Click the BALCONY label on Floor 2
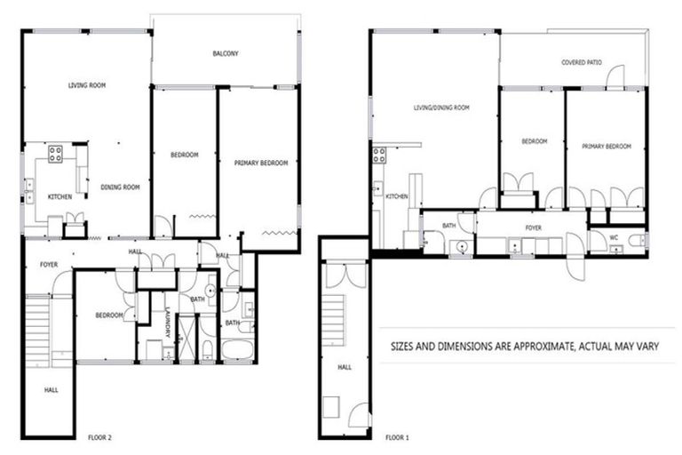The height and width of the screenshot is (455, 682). [x=225, y=54]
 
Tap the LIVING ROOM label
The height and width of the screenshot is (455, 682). [x=87, y=86]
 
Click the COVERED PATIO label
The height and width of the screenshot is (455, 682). [x=582, y=63]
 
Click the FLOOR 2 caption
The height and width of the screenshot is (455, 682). [x=99, y=437]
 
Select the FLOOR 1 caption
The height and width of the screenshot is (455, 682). [x=396, y=437]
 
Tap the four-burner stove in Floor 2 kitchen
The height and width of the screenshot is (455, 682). [x=54, y=153]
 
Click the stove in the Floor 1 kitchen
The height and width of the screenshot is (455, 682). [x=379, y=156]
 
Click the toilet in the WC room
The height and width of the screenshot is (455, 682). [x=636, y=240]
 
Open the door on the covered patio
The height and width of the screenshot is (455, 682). [x=614, y=78]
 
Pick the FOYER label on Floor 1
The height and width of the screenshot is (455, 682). [x=533, y=228]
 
